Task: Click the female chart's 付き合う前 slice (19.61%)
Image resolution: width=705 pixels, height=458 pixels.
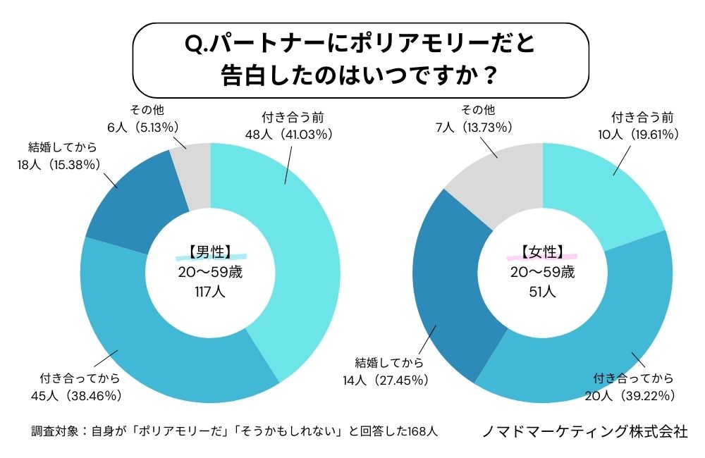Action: point(599,190)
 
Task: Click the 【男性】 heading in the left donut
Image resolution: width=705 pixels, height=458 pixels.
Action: point(210,252)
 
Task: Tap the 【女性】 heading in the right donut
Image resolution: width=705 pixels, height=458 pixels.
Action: point(542,252)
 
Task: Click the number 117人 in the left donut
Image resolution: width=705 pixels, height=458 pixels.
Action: point(210,290)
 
